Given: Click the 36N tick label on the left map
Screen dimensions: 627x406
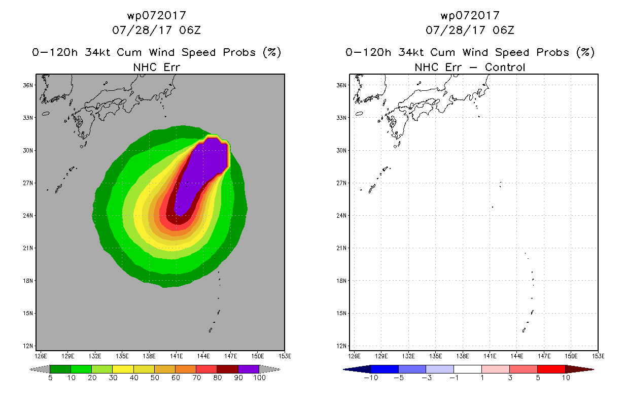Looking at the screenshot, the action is [28, 85].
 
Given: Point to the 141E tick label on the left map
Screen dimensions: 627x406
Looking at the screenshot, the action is [177, 356].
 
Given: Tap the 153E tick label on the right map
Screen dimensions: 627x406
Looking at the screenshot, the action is [598, 356].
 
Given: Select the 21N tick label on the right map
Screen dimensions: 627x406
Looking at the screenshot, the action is [341, 248].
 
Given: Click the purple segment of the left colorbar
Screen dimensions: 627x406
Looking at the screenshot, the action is [249, 369].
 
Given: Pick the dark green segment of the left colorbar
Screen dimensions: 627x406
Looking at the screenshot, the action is [60, 369].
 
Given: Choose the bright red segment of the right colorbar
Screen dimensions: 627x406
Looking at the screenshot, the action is [551, 369].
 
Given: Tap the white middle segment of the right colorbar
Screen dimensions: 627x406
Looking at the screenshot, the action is [468, 369].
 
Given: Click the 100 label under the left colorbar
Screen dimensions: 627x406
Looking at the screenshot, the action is [259, 378].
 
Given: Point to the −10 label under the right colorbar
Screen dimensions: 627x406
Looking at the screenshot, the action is [371, 378].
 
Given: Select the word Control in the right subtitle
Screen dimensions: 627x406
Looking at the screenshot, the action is [505, 67].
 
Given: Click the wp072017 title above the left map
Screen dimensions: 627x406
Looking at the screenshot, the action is [156, 16].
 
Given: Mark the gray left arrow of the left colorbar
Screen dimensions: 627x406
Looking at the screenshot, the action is [40, 369].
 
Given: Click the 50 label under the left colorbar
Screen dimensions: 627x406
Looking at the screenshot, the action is [155, 378].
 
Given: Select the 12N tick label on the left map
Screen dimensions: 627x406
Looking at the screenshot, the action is [28, 346].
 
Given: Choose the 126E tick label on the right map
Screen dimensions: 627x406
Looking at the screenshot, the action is [354, 356].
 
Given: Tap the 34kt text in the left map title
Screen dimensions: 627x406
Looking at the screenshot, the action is [98, 52].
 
